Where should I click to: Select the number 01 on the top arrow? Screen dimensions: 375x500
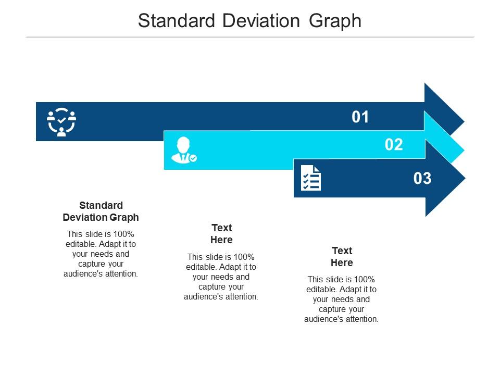pyautogui.click(x=360, y=117)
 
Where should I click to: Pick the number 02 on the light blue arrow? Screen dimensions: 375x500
pyautogui.click(x=394, y=145)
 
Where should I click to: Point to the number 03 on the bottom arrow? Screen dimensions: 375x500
pyautogui.click(x=422, y=179)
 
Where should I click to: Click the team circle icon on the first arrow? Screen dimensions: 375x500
pyautogui.click(x=61, y=122)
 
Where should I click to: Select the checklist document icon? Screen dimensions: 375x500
pyautogui.click(x=311, y=178)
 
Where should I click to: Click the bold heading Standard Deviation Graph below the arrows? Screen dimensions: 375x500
pyautogui.click(x=101, y=211)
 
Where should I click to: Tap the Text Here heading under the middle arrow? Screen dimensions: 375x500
pyautogui.click(x=221, y=234)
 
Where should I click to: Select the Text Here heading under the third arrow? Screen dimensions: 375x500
pyautogui.click(x=342, y=256)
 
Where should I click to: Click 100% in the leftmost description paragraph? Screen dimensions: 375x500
pyautogui.click(x=123, y=234)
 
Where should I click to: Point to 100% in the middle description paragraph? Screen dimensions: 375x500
pyautogui.click(x=244, y=256)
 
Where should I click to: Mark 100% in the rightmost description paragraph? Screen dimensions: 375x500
pyautogui.click(x=365, y=279)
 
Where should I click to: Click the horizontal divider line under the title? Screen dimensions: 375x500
pyautogui.click(x=250, y=37)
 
